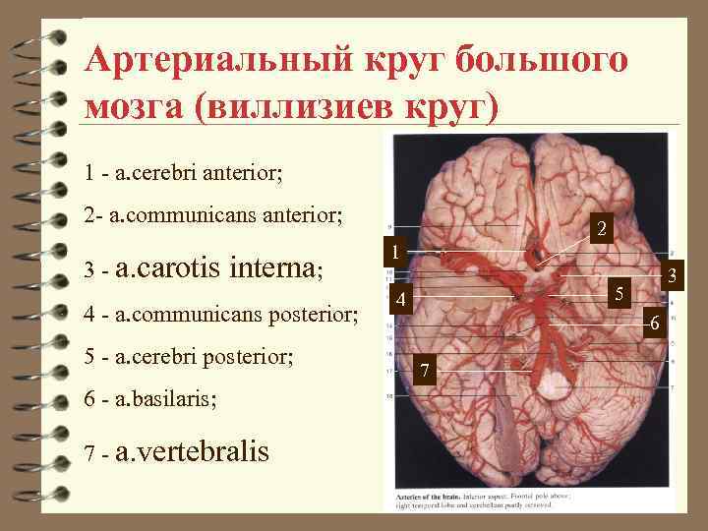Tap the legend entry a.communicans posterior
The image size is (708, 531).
click(236, 314)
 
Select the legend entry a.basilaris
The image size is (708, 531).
click(166, 399)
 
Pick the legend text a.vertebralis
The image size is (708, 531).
click(192, 451)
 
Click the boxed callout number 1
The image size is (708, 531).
click(393, 253)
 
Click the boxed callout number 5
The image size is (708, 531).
click(619, 293)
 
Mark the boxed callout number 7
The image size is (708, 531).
click(425, 370)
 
